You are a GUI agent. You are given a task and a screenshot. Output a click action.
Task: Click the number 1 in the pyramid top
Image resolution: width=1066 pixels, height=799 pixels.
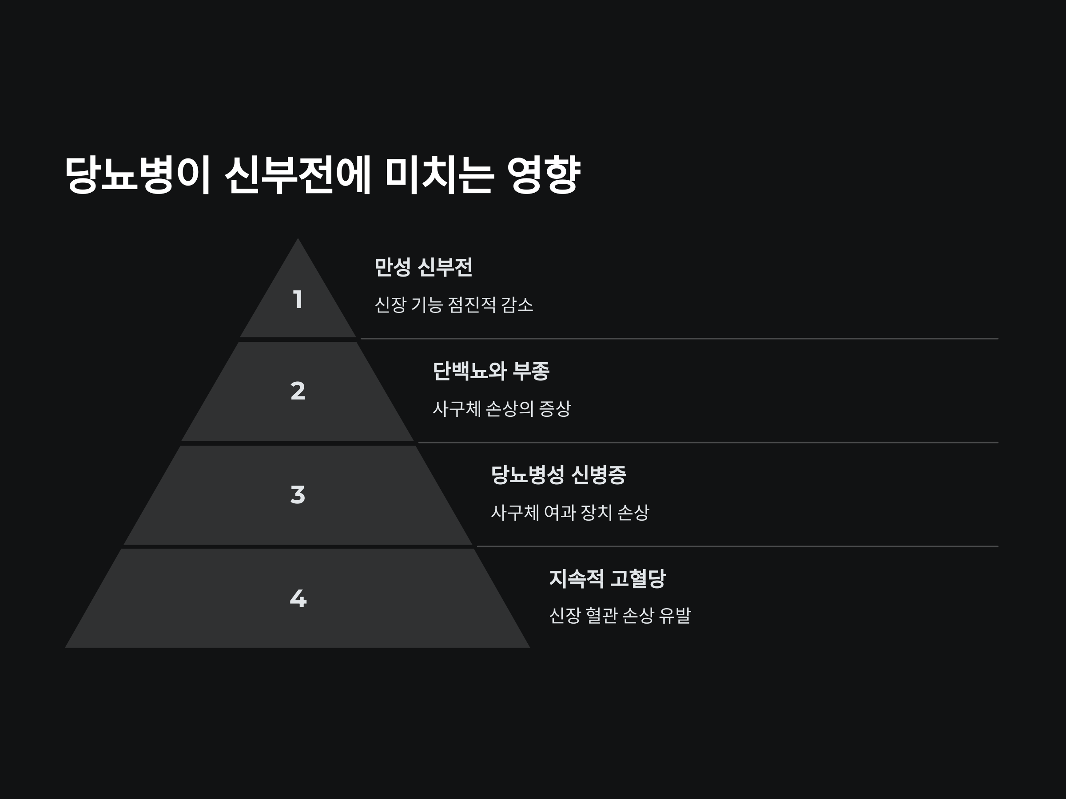(298, 300)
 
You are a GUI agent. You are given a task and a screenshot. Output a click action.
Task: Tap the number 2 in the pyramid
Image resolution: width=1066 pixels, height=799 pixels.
(298, 391)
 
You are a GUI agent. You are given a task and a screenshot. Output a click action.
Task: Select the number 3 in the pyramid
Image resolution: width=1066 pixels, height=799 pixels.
(298, 494)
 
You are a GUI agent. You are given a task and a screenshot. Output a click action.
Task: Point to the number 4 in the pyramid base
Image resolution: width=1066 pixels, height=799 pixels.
(298, 599)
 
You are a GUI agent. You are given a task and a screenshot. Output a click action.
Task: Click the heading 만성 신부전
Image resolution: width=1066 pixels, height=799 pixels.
(423, 267)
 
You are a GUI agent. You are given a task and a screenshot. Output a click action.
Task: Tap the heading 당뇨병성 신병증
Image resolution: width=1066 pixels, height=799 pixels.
(558, 475)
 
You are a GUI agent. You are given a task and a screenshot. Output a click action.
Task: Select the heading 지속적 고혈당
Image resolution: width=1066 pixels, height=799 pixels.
(607, 578)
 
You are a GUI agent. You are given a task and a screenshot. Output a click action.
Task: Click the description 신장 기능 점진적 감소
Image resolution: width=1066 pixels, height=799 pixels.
(453, 305)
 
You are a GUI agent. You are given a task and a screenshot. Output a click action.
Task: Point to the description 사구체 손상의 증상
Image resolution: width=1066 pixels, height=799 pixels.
(501, 409)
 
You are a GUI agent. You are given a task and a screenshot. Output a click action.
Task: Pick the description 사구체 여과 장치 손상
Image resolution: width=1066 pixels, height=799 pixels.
(569, 512)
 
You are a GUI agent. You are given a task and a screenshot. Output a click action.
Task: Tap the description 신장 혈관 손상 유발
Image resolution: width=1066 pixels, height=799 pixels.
(620, 616)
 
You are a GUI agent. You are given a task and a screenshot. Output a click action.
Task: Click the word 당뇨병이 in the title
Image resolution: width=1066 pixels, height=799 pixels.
(137, 174)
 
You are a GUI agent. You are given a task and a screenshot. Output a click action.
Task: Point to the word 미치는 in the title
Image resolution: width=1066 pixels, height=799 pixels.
(439, 174)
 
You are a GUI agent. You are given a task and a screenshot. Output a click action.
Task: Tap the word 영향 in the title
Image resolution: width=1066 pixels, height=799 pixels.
(544, 174)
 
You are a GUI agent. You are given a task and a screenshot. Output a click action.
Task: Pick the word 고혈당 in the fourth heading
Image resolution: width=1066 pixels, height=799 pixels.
(637, 578)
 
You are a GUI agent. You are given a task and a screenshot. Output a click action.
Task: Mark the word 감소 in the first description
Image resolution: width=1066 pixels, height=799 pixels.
(517, 305)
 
